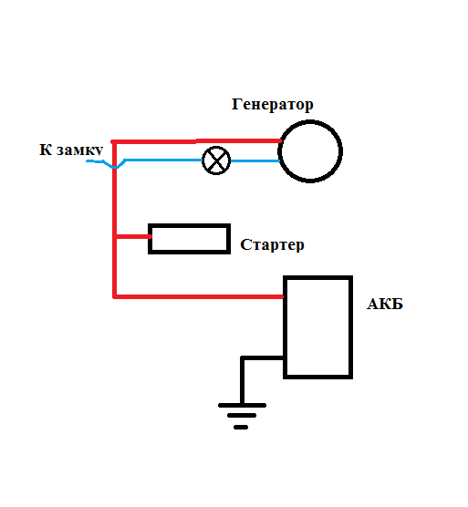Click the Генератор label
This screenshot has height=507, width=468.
pos(273,105)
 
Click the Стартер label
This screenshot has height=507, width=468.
pos(272,245)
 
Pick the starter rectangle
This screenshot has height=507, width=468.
pos(189,225)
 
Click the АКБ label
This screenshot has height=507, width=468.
pos(385,304)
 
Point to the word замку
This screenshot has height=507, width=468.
pos(80,150)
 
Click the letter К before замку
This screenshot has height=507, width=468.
pos(46,150)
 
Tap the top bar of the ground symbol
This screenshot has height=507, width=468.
pos(242,406)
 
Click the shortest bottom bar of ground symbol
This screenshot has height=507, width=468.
pos(241,428)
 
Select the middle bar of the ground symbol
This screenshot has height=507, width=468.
pos(242,416)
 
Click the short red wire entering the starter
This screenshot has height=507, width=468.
pos(132,237)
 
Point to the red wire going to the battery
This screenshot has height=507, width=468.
pos(199,296)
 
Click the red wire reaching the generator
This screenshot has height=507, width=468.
pos(197,141)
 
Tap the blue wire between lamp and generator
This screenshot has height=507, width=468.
pos(255,160)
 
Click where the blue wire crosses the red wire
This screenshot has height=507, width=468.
pos(114,167)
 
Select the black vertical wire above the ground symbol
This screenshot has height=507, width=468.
pos(243,380)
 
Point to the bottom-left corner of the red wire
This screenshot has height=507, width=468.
pos(115,296)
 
